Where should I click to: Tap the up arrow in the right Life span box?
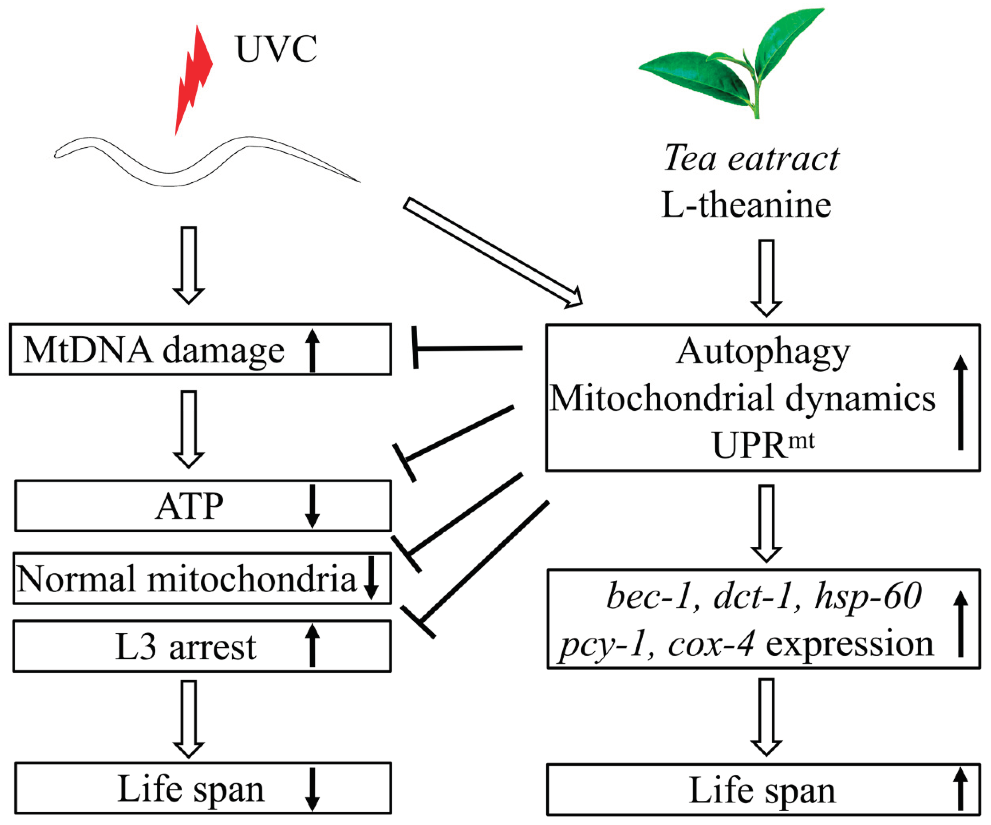960,790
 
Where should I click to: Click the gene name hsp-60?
868,596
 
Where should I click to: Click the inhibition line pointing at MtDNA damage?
467,348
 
